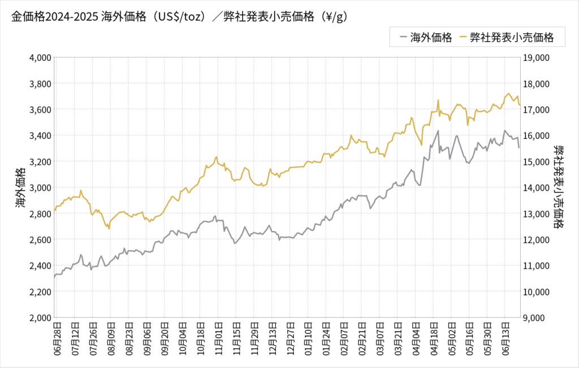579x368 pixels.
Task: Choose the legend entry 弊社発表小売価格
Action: [x=505, y=38]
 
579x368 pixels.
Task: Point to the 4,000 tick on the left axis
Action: [x=40, y=57]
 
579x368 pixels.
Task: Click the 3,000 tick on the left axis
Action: [x=40, y=187]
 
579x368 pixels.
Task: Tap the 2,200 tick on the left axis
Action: [x=40, y=292]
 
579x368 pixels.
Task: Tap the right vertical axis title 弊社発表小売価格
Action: [x=559, y=187]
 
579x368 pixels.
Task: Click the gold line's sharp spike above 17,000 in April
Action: [x=438, y=100]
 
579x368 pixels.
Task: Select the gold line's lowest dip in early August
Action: [x=109, y=228]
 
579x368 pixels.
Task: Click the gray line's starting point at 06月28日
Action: [x=54, y=278]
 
